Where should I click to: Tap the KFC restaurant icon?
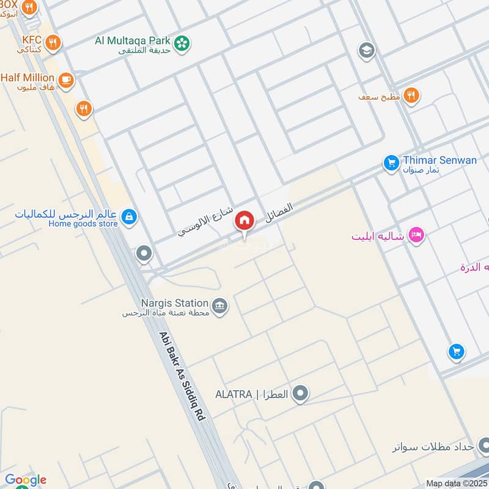pos(54,42)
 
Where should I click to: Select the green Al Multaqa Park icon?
pos(182,43)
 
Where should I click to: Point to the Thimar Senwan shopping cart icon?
pos(391,163)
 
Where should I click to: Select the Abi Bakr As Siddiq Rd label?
pos(182,375)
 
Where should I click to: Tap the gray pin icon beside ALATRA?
pos(300,394)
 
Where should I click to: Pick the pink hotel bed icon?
pos(416,235)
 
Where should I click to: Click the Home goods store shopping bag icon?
pos(129,216)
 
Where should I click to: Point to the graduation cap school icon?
pos(366,50)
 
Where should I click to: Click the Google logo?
pos(26,480)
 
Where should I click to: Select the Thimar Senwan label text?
pos(439,160)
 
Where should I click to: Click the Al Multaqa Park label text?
pos(133,40)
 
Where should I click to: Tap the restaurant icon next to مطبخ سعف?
pos(411,95)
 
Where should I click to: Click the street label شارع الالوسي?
pos(205,222)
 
